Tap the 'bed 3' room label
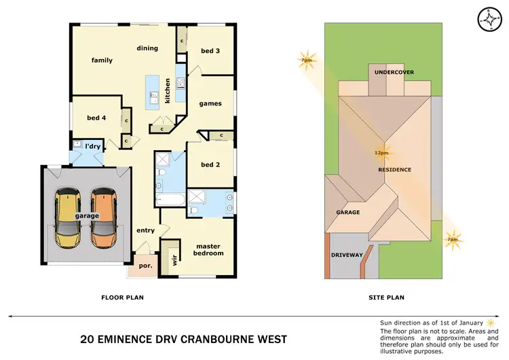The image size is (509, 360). coord(210,51)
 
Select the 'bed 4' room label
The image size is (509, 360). coord(96,118)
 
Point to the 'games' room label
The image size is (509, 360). coord(210,104)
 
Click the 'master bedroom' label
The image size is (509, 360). coord(209,249)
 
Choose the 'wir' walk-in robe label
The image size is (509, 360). coord(174,259)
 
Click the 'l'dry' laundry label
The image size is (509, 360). coord(92,146)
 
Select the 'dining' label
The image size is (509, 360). coord(147,48)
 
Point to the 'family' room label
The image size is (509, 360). coord(102,60)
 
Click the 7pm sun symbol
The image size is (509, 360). coord(307,59)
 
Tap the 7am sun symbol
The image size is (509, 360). coord(452,239)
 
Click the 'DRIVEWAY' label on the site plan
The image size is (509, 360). coord(347,255)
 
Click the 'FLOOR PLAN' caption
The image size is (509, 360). coord(122,298)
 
